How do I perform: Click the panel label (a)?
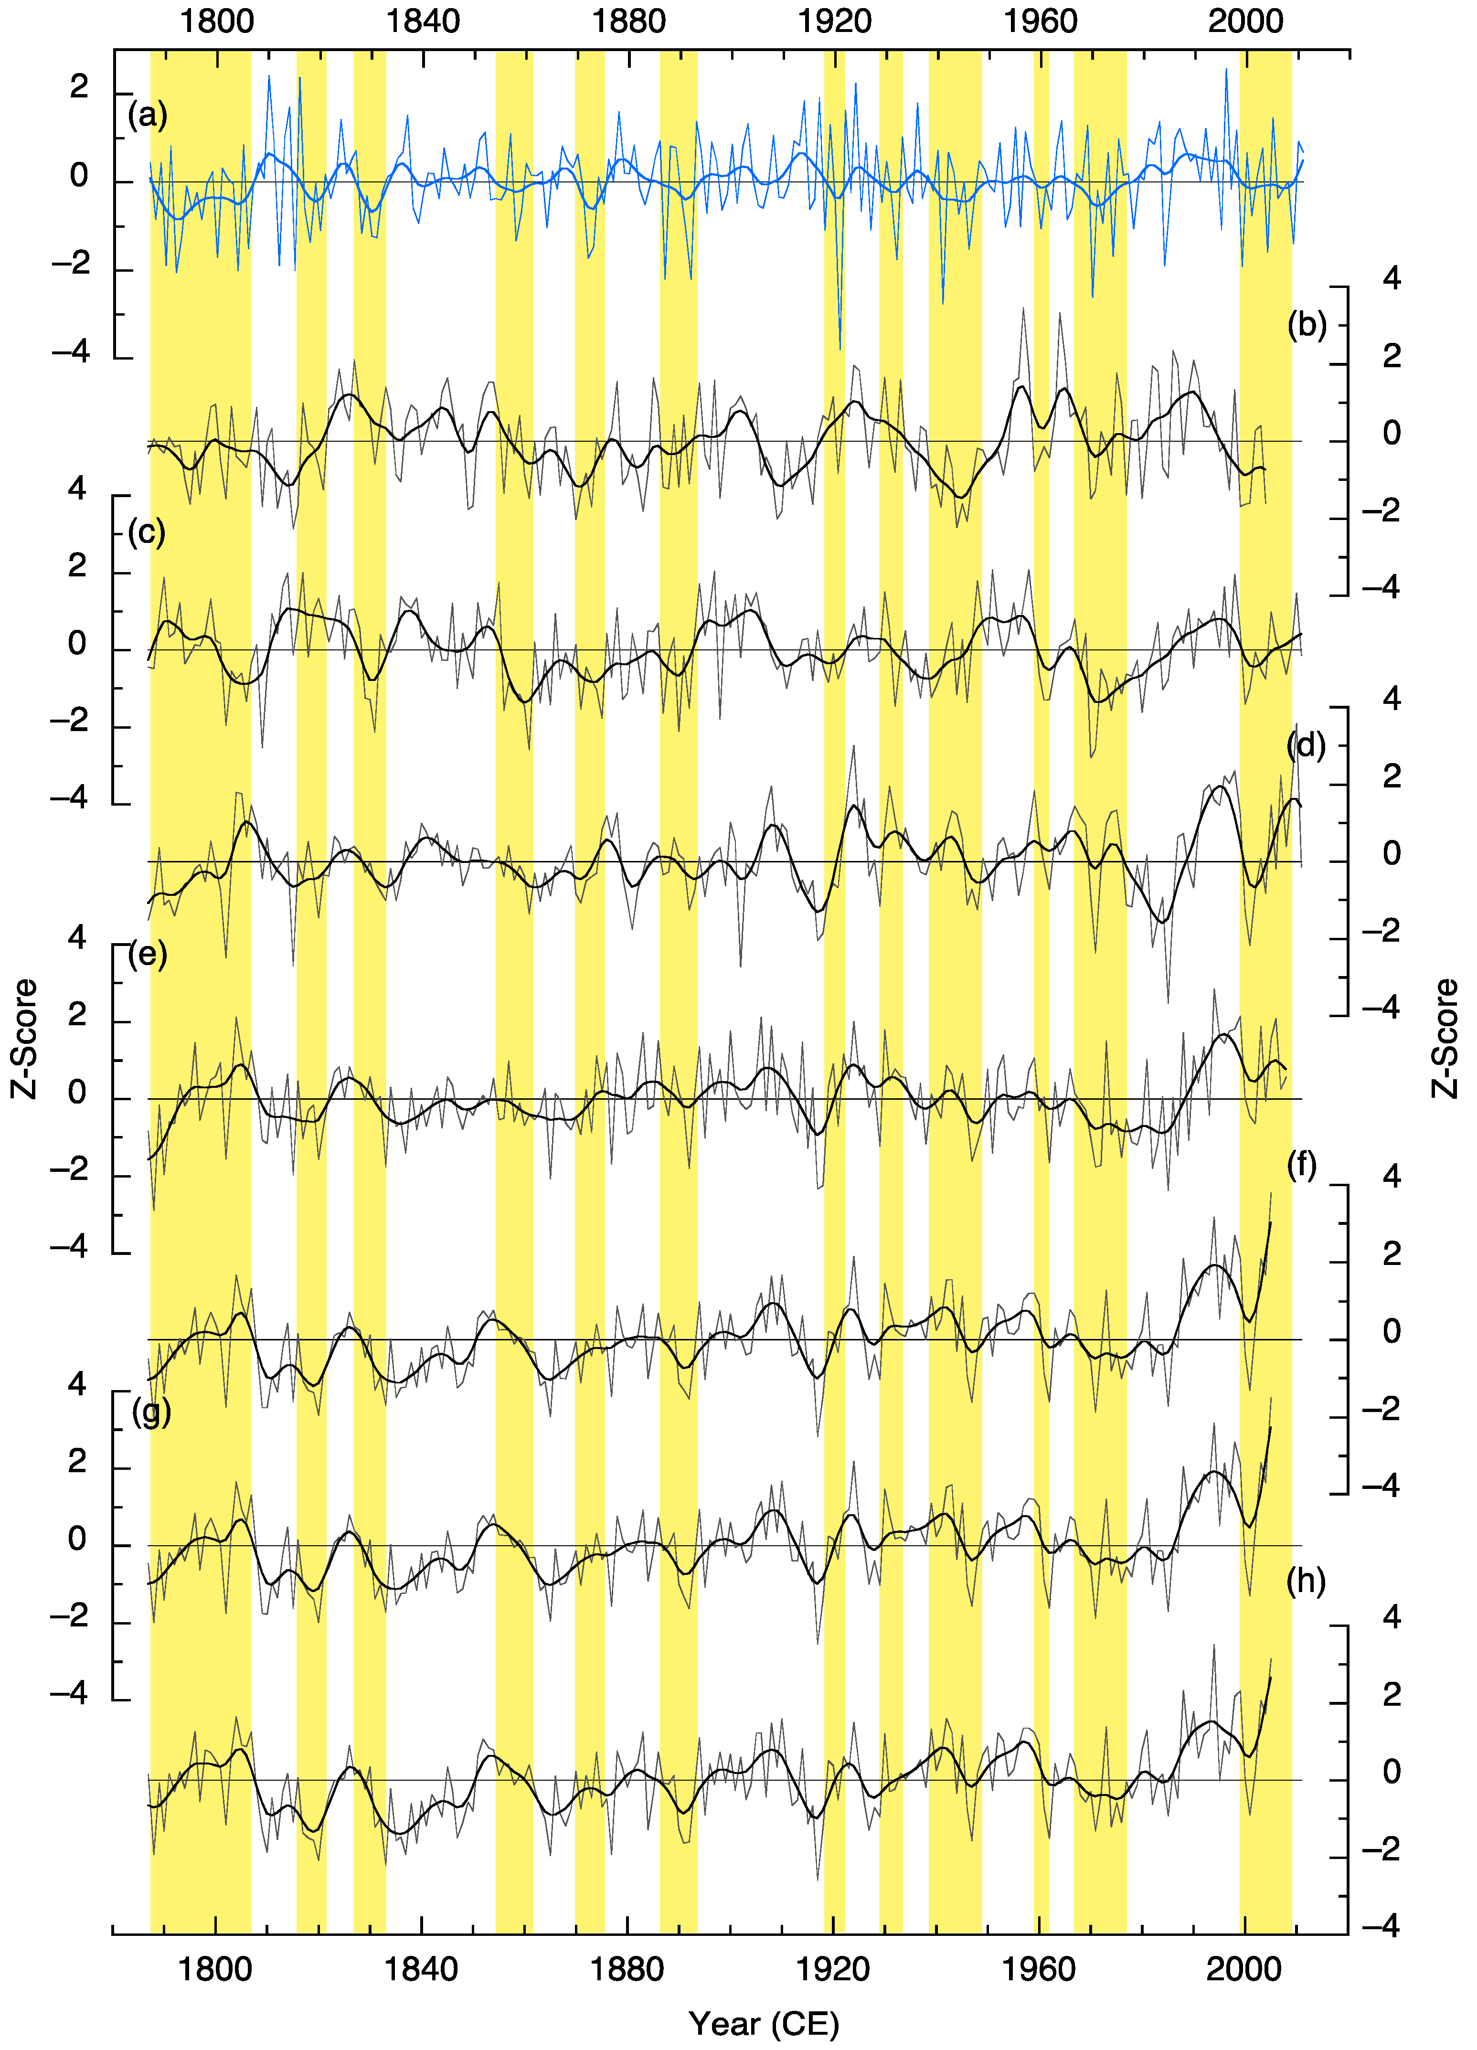[148, 116]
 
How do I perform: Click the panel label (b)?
[1306, 325]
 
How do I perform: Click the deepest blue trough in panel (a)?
[840, 348]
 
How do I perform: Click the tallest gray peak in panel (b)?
[1023, 309]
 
